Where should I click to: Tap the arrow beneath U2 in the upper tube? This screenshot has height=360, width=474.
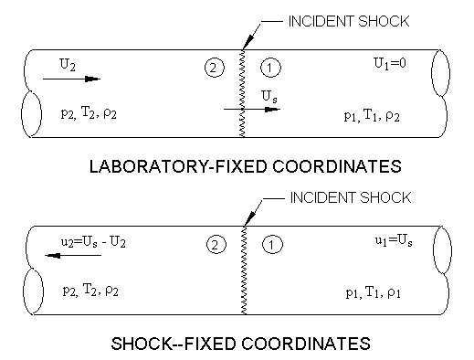click(69, 79)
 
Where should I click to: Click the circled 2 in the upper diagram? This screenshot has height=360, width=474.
click(213, 67)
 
